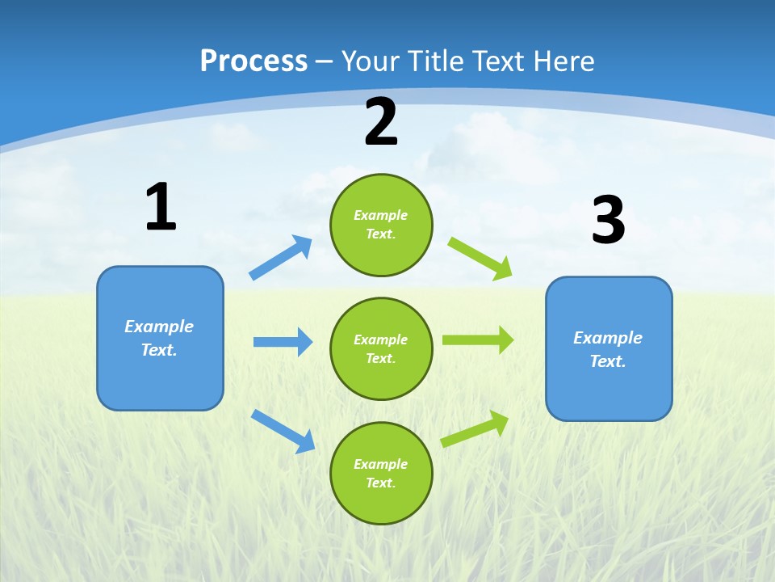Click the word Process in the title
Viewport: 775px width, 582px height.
pos(253,61)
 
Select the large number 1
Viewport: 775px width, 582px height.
pos(161,207)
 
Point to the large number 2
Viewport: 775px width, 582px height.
pos(381,123)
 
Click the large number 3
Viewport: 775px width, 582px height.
pos(608,221)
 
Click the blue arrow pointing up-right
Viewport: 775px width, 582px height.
pos(281,258)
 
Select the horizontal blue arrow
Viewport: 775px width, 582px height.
pos(283,342)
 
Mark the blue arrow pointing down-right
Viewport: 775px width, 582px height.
pos(283,431)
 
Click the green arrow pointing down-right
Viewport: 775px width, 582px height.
pos(480,258)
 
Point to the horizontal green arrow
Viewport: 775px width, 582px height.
pos(478,340)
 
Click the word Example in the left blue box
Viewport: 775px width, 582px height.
pos(159,327)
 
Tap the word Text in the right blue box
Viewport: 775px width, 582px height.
pos(608,361)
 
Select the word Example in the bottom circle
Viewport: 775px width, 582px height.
pos(381,464)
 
